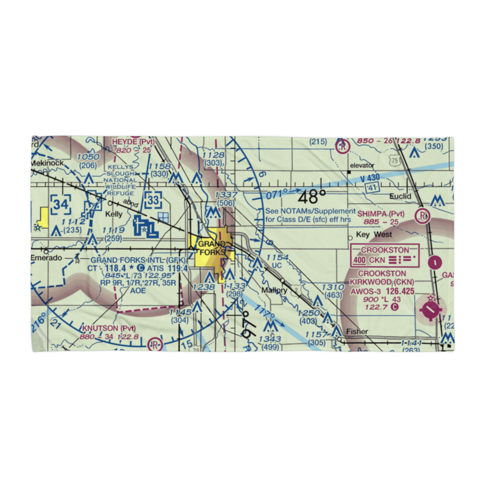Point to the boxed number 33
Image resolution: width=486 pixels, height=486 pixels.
coord(154,199)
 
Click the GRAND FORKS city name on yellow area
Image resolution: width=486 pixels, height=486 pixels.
coord(211,248)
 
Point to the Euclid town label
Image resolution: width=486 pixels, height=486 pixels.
coord(400,196)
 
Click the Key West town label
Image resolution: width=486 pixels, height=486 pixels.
coord(374,235)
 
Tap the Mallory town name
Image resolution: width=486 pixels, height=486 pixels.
coord(274,290)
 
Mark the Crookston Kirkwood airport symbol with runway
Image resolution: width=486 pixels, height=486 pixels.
coord(431,309)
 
